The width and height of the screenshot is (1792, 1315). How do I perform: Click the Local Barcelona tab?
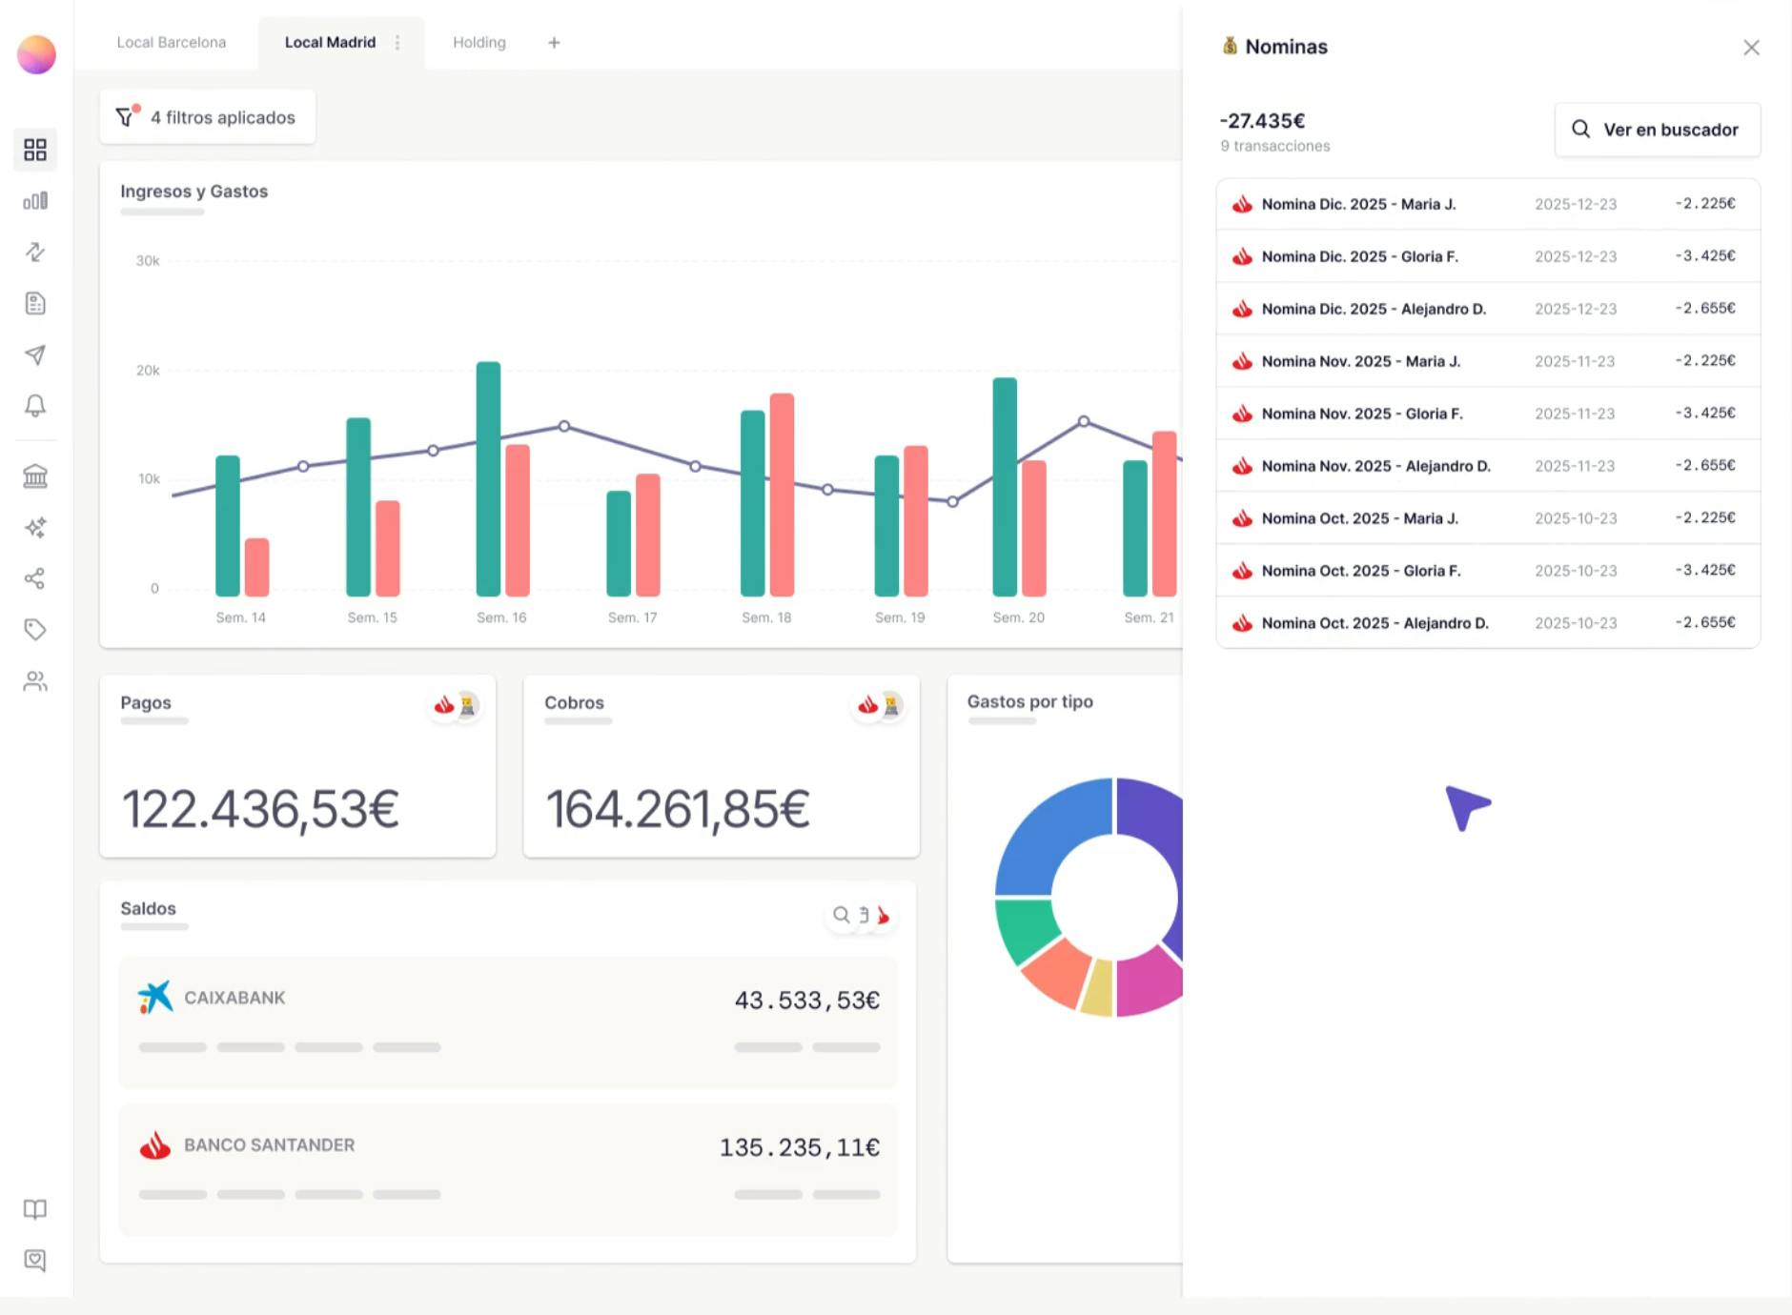(172, 43)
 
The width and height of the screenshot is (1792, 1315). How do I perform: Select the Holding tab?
(479, 43)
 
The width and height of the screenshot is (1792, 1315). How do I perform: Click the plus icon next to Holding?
(554, 43)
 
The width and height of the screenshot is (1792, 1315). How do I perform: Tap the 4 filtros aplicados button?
(207, 117)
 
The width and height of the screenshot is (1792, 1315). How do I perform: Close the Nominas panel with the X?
(1751, 48)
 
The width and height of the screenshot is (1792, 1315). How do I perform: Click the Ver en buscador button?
(1657, 130)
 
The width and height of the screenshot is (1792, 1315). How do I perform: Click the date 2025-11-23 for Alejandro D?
(1575, 466)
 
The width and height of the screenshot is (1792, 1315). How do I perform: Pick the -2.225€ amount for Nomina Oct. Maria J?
(1705, 517)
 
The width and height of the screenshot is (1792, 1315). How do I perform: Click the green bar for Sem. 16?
(488, 476)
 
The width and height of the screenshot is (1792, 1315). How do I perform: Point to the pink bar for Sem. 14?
(256, 567)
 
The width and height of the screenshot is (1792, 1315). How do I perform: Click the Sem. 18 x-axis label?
(766, 617)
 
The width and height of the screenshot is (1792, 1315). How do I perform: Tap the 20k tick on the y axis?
(148, 371)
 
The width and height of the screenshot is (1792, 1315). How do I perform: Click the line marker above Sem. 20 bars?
(1084, 421)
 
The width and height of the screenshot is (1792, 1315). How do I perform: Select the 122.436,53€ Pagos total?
(260, 809)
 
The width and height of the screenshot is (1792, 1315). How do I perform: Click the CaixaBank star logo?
(155, 998)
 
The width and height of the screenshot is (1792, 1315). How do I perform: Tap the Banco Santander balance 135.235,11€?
(799, 1147)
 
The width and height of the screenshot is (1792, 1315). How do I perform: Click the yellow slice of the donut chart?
(1098, 988)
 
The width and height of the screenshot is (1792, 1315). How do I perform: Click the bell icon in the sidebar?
(35, 406)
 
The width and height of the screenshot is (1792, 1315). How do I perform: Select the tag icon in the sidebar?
(35, 630)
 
